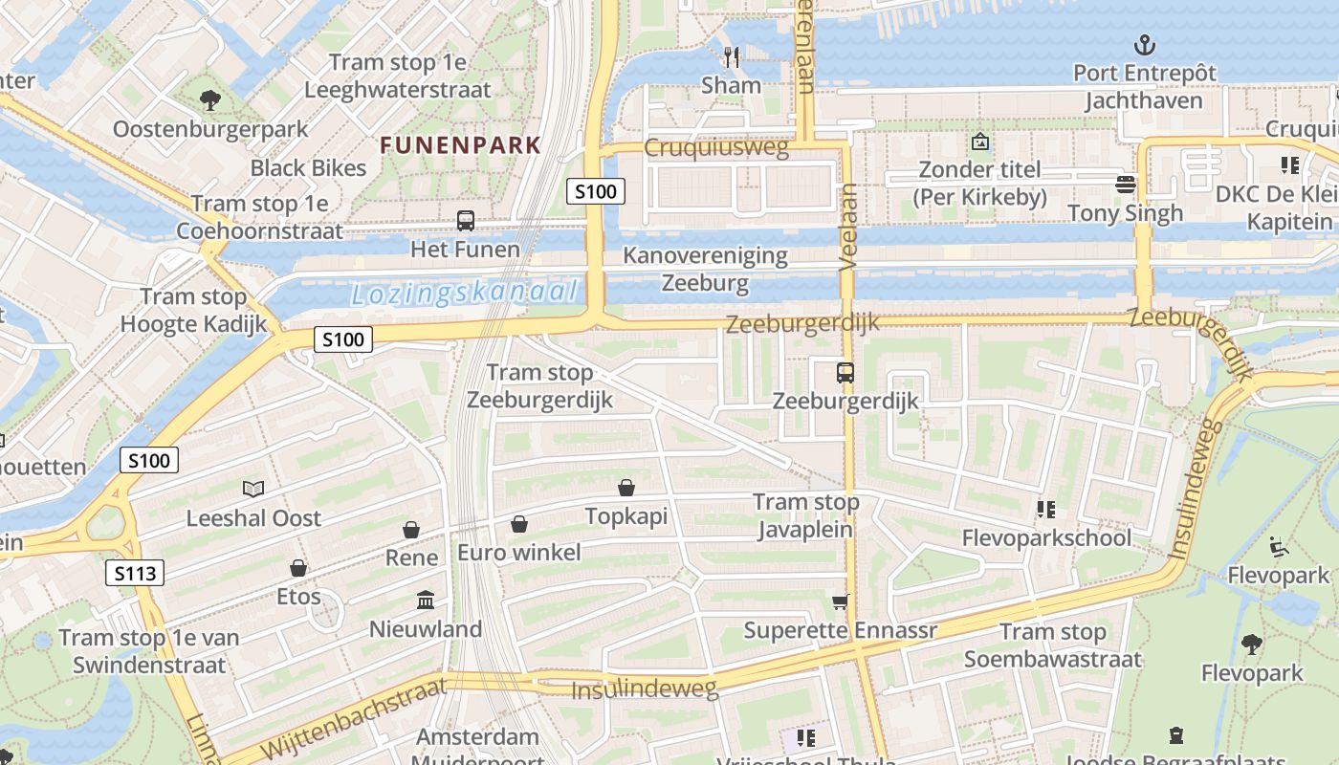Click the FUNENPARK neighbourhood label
(460, 145)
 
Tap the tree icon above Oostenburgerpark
(209, 98)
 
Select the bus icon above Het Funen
(466, 221)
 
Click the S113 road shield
(135, 574)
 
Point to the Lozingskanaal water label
(465, 293)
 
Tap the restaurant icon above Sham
(732, 56)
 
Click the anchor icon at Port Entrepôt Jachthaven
(1143, 44)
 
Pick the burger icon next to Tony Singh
(1126, 184)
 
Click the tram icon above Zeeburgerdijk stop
(845, 373)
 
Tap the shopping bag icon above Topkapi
(626, 489)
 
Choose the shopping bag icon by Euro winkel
(519, 524)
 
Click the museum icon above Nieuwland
(426, 601)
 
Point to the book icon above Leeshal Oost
(253, 490)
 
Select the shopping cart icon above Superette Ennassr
(841, 601)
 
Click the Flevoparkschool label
(1046, 537)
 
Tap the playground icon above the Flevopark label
(1279, 547)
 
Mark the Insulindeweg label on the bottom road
(644, 689)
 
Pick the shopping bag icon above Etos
(298, 568)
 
